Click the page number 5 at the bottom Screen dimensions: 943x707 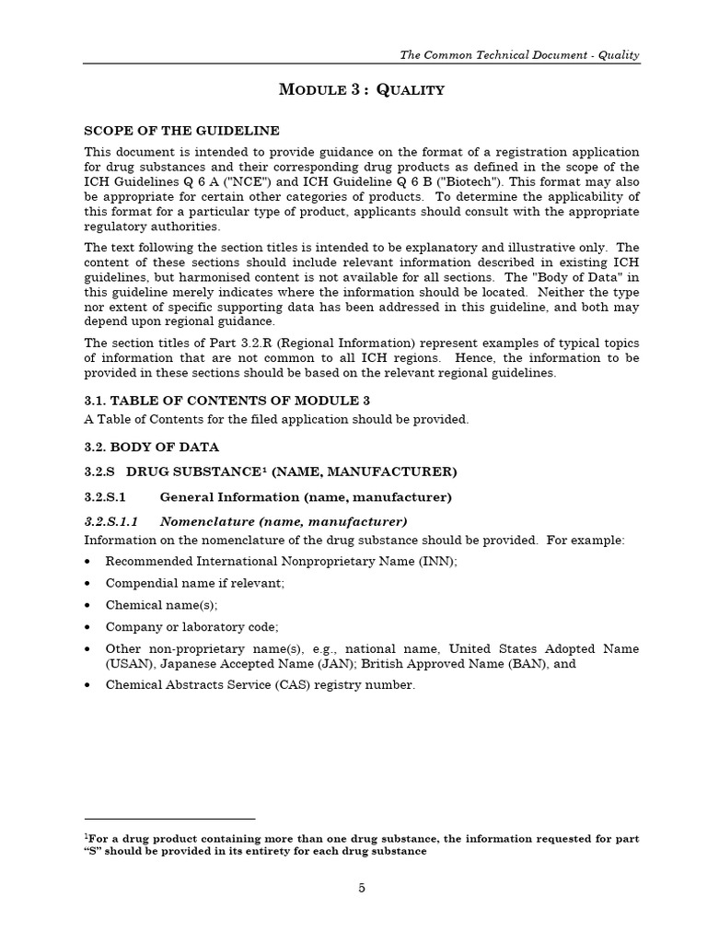click(361, 888)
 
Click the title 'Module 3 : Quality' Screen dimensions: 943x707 click(362, 89)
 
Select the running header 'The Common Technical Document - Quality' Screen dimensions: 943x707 click(519, 55)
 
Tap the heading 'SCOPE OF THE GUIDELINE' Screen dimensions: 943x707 click(181, 131)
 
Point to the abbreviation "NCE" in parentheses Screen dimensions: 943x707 click(264, 181)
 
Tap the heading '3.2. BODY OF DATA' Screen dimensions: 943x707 click(152, 447)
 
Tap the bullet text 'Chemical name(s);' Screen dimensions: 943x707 click(161, 605)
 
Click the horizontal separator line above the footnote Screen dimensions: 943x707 click(169, 818)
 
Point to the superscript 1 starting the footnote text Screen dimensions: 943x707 click(86, 837)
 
